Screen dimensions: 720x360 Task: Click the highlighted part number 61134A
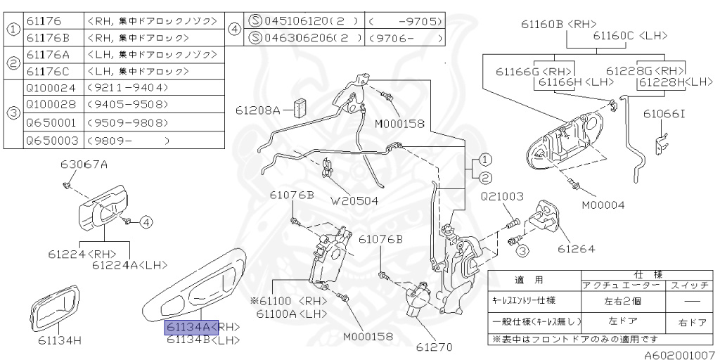tap(187, 327)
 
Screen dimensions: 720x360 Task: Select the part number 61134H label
tap(60, 341)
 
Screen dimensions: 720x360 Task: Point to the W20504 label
tap(355, 200)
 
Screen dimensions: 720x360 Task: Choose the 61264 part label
tap(577, 249)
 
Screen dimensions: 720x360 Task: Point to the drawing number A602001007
tap(679, 355)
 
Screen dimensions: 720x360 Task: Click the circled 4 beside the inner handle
tap(145, 222)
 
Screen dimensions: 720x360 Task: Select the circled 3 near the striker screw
tap(521, 250)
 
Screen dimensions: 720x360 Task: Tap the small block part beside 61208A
tap(302, 108)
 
